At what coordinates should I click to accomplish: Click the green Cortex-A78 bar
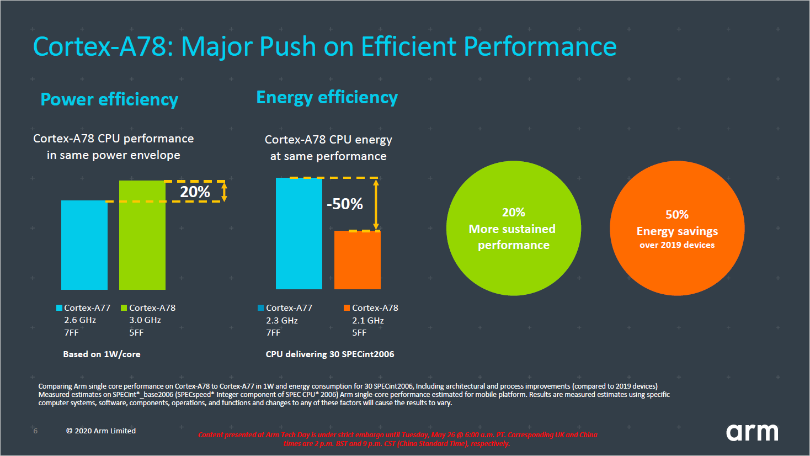142,235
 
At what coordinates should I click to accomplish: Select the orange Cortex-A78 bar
358,259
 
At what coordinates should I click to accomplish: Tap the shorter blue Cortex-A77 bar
84,245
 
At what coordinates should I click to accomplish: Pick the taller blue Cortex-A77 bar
299,233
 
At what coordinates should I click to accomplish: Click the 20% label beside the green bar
195,192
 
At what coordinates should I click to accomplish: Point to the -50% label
345,204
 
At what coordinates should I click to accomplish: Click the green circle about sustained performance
513,229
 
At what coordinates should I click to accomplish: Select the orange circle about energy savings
677,229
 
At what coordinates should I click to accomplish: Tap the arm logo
752,432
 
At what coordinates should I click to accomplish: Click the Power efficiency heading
109,99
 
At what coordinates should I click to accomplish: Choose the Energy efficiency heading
327,97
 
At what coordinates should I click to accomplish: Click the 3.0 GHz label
145,320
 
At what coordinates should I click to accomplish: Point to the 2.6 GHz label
80,320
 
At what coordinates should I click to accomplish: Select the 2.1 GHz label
368,321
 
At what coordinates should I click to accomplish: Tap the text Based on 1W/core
102,354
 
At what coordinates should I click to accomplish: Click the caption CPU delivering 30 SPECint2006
330,354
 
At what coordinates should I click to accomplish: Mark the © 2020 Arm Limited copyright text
101,431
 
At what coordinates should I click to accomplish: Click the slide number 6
36,431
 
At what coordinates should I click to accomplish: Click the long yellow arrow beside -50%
376,204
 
